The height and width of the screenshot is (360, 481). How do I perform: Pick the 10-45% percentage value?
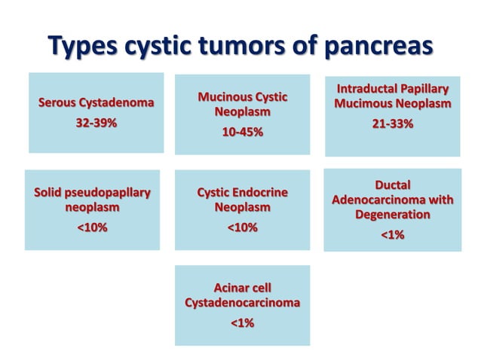click(242, 133)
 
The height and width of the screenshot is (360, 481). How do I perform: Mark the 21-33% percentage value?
click(392, 124)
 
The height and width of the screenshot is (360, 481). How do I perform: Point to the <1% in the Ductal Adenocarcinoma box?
click(392, 236)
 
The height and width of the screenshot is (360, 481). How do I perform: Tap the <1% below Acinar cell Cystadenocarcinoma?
click(242, 323)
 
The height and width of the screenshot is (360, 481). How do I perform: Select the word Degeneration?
click(392, 215)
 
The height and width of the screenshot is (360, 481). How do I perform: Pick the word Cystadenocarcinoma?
click(242, 303)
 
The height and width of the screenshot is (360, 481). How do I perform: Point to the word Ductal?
click(393, 185)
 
